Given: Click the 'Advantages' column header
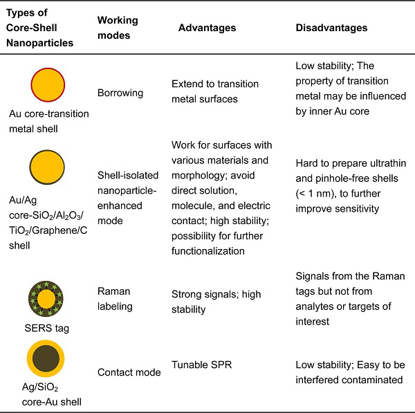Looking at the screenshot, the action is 207,28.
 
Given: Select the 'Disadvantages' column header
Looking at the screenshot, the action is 331,28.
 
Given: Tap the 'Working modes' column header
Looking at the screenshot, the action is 118,28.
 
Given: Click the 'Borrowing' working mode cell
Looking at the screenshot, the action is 120,93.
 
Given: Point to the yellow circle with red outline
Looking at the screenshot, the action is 48,84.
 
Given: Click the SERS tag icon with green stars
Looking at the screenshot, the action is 46,299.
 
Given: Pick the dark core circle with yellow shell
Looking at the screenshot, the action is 46,358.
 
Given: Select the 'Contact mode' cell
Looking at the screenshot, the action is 129,372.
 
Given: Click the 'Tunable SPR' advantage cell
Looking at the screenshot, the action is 202,365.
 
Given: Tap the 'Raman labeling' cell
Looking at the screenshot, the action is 115,299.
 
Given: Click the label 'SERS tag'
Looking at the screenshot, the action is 46,329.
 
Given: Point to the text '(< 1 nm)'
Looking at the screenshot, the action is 313,194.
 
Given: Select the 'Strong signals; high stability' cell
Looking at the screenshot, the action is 216,302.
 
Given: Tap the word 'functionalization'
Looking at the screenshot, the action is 208,251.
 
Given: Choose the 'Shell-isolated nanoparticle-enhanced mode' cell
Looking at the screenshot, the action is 128,198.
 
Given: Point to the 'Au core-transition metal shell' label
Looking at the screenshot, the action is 49,121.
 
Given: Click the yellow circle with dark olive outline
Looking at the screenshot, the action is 47,167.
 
